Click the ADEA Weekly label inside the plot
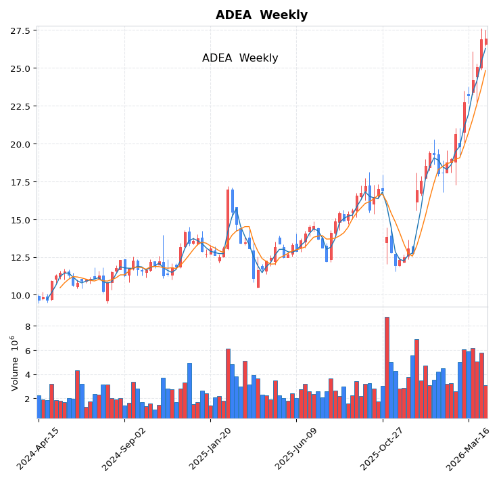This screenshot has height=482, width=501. click(240, 58)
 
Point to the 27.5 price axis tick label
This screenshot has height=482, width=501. click(20, 31)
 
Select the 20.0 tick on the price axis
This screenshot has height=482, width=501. click(20, 144)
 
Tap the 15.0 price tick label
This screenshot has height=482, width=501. click(20, 220)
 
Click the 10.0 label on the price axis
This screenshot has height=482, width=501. click(20, 295)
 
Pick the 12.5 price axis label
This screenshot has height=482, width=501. click(20, 258)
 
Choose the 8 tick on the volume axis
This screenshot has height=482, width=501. click(28, 326)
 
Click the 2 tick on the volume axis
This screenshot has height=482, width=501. click(28, 399)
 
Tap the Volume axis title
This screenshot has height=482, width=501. click(14, 363)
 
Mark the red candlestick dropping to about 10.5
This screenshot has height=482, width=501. click(258, 278)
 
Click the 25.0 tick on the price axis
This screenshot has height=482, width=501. click(20, 68)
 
